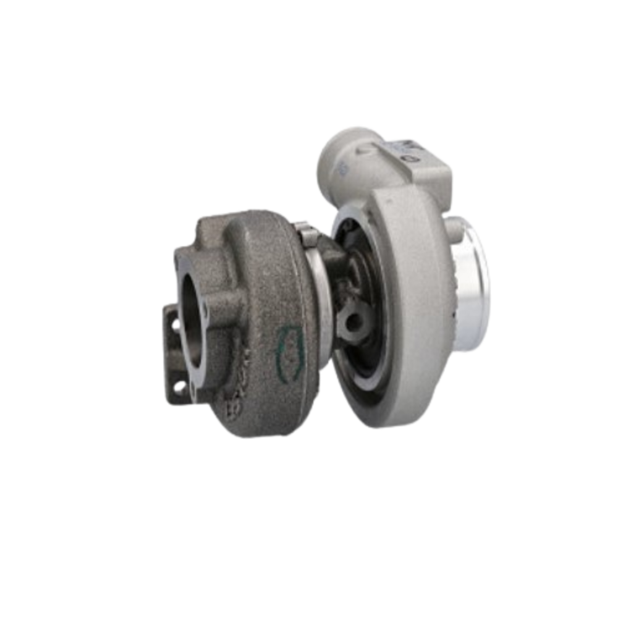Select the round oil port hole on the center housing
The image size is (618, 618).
tap(355, 322)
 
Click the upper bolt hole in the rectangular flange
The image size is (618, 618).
tap(175, 324)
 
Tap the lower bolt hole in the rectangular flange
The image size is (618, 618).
tap(179, 388)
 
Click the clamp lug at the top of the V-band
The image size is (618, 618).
tap(307, 232)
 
